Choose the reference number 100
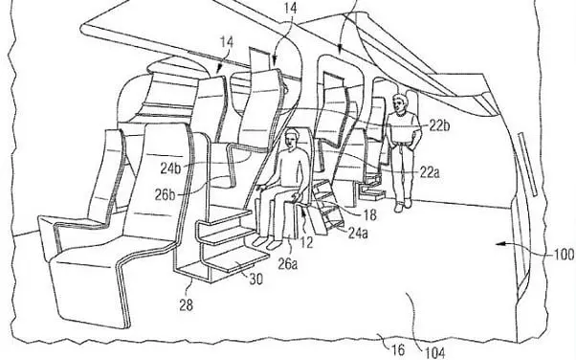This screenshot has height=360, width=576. tap(565, 254)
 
